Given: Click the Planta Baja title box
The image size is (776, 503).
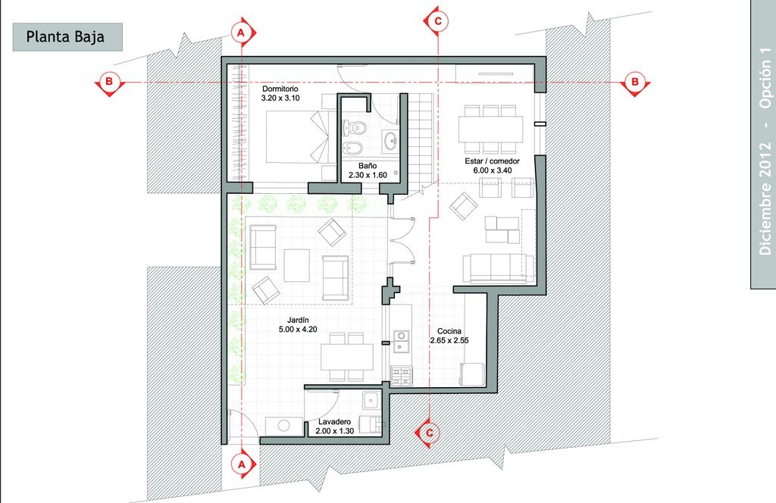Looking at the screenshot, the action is [x=67, y=36].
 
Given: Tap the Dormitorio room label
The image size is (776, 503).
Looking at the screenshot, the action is [x=280, y=89].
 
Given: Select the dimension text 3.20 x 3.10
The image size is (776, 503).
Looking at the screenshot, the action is [x=280, y=98].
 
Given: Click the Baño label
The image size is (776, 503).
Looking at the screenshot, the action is [x=368, y=166].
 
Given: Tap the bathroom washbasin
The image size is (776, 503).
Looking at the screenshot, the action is [x=391, y=140].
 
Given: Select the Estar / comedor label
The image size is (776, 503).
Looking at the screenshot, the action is [x=492, y=161].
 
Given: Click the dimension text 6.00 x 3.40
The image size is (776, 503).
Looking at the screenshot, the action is [x=492, y=170].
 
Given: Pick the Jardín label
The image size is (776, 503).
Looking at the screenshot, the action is [x=298, y=320].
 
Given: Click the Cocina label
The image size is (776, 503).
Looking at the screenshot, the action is [x=449, y=331].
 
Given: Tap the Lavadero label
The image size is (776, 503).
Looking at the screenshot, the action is [x=334, y=422].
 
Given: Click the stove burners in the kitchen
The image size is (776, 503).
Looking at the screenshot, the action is [x=402, y=376].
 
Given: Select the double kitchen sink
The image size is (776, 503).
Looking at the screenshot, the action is [x=402, y=342].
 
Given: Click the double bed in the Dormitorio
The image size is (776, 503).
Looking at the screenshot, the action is [x=297, y=136].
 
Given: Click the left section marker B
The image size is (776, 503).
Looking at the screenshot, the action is [x=109, y=82].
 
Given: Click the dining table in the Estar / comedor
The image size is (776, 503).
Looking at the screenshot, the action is [x=490, y=130].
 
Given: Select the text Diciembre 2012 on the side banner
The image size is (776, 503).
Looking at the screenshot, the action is [x=765, y=198].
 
